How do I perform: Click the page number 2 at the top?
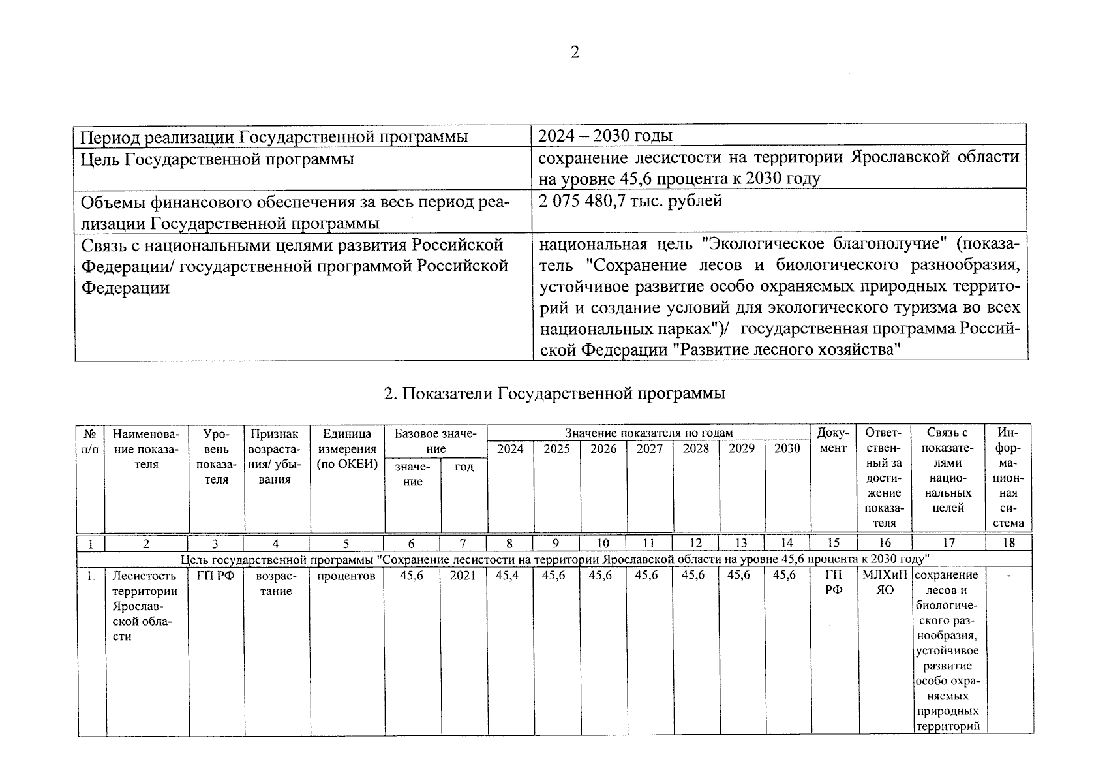(x=574, y=53)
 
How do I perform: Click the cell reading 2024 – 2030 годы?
(x=605, y=136)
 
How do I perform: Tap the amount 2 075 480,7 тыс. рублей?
(x=630, y=201)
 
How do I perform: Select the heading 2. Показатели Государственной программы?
(x=554, y=393)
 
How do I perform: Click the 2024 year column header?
(x=510, y=448)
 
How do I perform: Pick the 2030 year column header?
(x=787, y=448)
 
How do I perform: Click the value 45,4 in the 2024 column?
(x=508, y=576)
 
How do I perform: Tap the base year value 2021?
(x=463, y=576)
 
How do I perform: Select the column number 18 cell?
(x=1008, y=543)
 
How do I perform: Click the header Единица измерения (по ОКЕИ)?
(x=347, y=449)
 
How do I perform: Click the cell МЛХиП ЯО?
(x=884, y=583)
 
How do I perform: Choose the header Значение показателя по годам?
(x=648, y=433)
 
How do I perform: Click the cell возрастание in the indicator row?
(x=277, y=583)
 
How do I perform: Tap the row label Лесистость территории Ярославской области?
(x=145, y=606)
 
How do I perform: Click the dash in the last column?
(x=1008, y=576)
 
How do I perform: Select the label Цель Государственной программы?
(x=217, y=159)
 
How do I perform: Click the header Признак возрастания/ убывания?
(x=277, y=456)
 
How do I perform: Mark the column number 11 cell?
(x=648, y=543)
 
